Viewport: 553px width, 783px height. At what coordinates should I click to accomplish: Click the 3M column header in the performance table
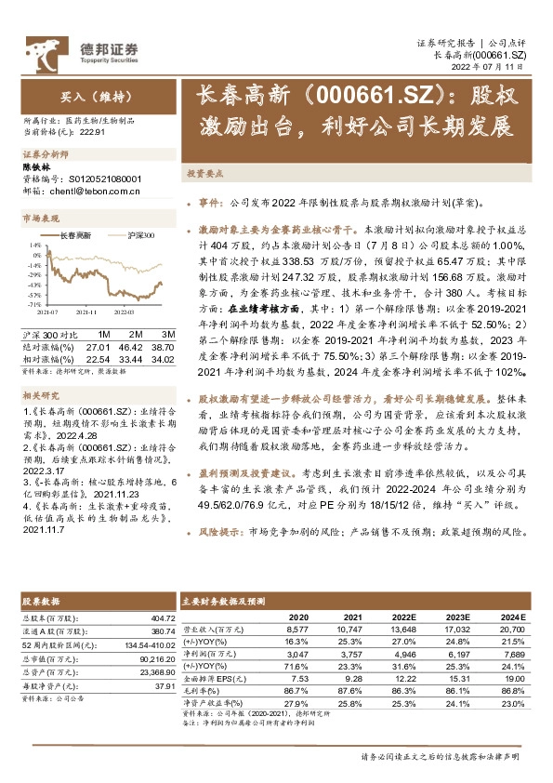pyautogui.click(x=167, y=333)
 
